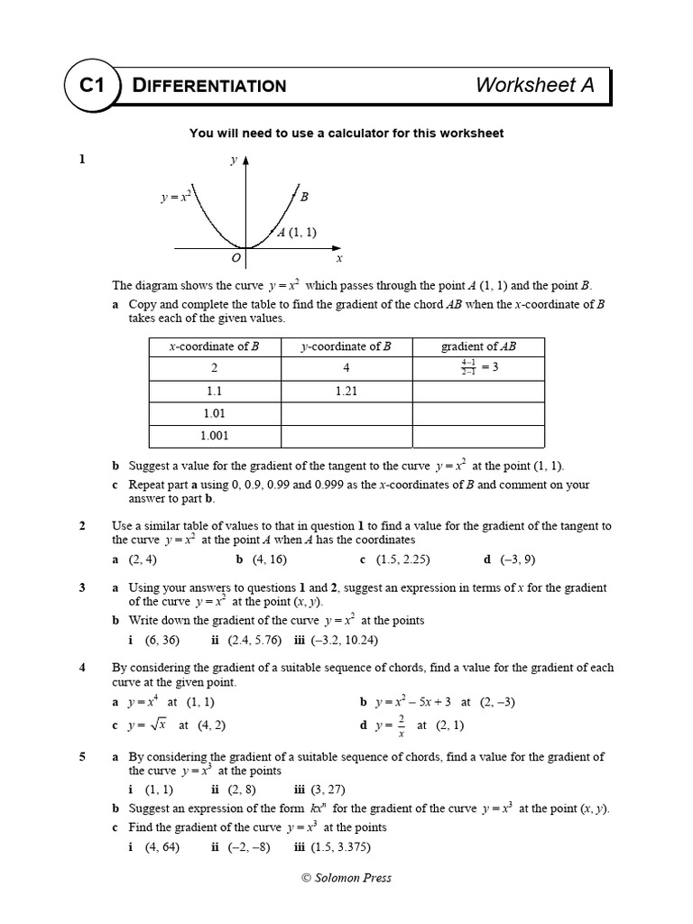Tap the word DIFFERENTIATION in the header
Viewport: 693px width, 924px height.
209,86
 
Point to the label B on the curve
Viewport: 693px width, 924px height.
304,196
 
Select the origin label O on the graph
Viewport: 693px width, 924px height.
236,258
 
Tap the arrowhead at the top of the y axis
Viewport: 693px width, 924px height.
245,160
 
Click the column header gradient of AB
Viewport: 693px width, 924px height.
478,346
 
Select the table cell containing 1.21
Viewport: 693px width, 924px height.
346,392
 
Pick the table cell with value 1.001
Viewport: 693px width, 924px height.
214,435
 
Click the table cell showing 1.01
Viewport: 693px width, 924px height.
214,413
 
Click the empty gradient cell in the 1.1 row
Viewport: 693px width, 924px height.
478,392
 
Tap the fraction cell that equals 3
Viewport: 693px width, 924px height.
478,368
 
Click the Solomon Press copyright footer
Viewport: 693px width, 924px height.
346,877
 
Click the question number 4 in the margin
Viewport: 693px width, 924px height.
82,668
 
